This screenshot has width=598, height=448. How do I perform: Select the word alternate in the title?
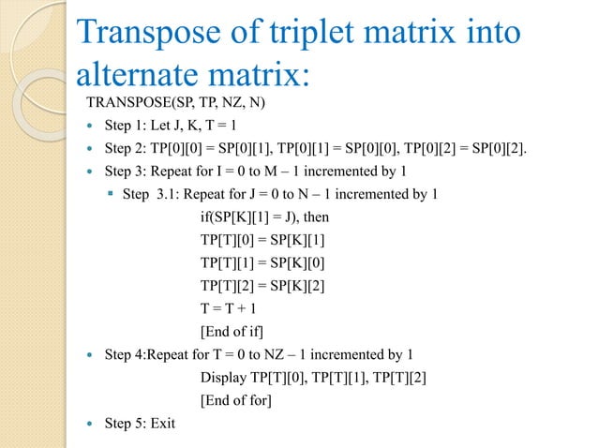(139, 75)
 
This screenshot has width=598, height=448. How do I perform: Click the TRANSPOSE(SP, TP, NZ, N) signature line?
(176, 102)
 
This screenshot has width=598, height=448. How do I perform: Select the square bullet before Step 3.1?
(112, 194)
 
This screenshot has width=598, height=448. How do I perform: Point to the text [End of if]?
(232, 331)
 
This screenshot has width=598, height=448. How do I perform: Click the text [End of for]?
(235, 400)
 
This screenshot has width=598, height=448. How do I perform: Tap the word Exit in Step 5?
(160, 423)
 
